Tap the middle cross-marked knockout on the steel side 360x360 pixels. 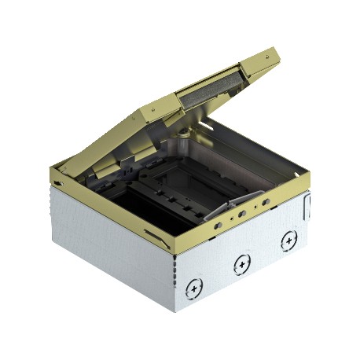(x=240, y=266)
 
